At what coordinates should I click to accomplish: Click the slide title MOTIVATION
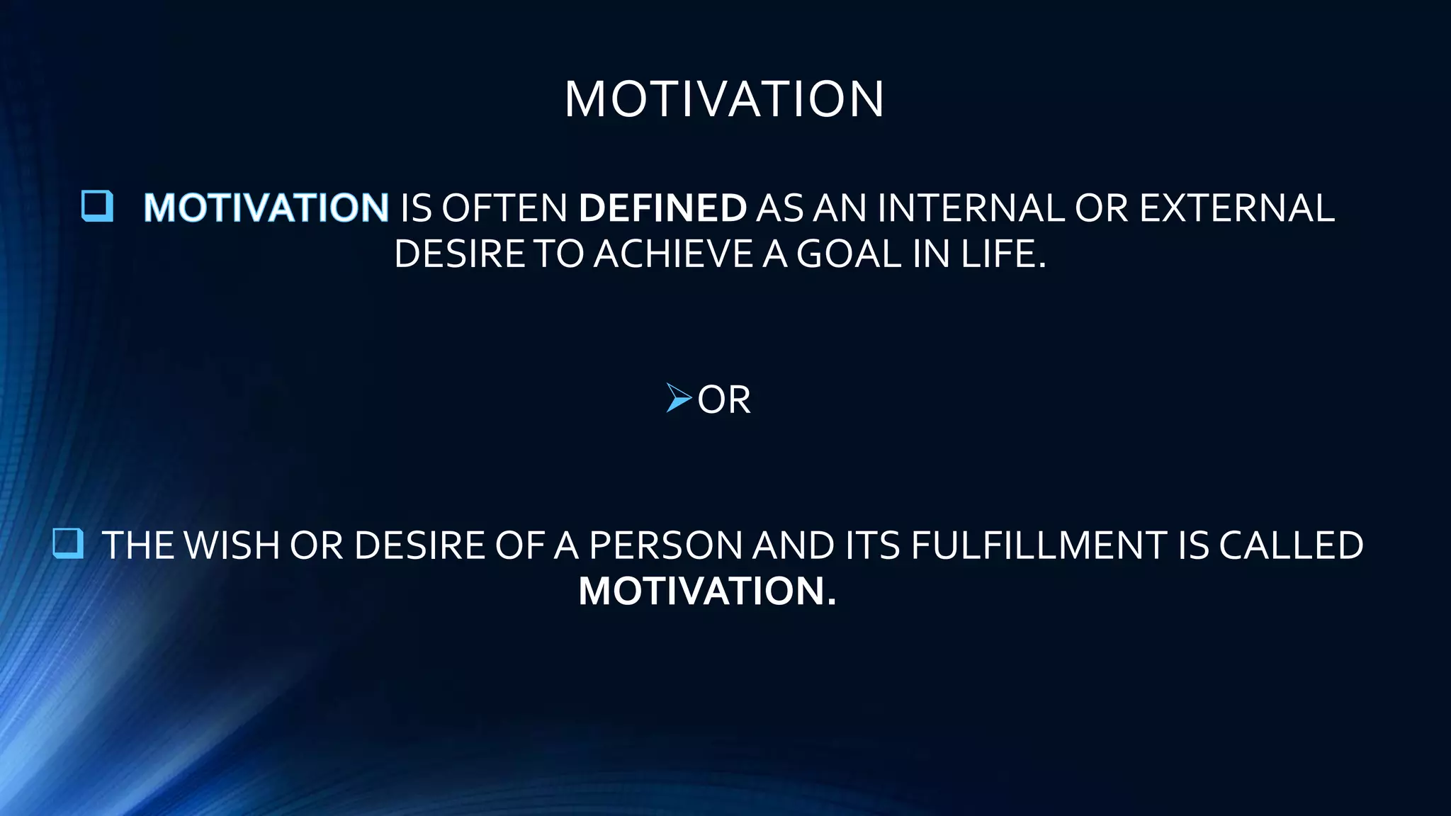[x=724, y=99]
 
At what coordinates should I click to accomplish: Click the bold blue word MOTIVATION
[x=266, y=208]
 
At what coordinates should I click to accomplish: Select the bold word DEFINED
[x=662, y=208]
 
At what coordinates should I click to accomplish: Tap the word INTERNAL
[x=971, y=208]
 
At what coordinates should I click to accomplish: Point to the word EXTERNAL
[x=1236, y=208]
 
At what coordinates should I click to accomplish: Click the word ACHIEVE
[x=673, y=254]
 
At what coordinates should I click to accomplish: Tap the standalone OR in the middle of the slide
[x=723, y=400]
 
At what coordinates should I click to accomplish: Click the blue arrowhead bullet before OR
[x=678, y=398]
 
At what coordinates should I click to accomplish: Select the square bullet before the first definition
[x=97, y=206]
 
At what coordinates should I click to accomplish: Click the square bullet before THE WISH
[x=68, y=544]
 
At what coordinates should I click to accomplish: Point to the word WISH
[x=231, y=545]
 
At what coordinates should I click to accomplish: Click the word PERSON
[x=665, y=545]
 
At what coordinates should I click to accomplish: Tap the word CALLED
[x=1291, y=545]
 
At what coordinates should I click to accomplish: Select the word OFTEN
[x=504, y=208]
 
